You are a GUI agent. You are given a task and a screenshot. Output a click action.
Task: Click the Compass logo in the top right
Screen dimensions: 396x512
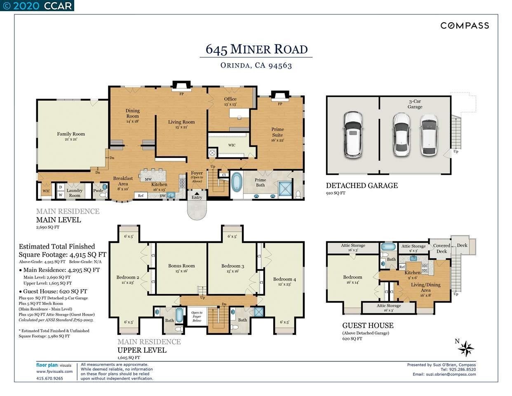[465, 26]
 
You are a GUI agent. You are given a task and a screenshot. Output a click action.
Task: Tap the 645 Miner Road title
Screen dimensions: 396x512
[256, 49]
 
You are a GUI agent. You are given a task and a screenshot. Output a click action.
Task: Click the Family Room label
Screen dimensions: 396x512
[71, 136]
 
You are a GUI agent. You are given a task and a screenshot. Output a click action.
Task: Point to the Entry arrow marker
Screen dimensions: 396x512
[197, 193]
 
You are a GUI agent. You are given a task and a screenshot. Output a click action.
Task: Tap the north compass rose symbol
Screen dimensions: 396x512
[466, 349]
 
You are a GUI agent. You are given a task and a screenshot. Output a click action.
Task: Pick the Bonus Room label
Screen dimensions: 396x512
[181, 268]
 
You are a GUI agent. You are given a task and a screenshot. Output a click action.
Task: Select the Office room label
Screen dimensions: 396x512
[230, 101]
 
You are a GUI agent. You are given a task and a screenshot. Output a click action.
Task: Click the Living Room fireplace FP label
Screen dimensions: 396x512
[181, 94]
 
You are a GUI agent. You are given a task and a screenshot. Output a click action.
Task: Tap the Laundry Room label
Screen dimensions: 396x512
[75, 193]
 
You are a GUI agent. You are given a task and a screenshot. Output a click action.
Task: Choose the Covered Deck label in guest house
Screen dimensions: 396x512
[442, 248]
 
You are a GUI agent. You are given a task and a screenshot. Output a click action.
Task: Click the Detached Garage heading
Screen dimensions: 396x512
[362, 186]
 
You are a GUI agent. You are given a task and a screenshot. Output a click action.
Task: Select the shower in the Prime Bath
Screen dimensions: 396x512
[284, 188]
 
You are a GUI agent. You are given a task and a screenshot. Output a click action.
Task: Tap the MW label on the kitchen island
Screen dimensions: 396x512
[148, 179]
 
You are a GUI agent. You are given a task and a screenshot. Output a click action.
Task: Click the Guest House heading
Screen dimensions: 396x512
[368, 325]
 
